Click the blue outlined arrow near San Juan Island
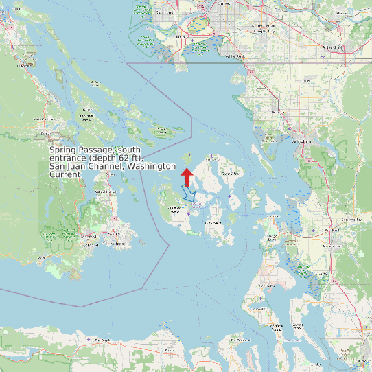(189, 194)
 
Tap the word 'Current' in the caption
(65, 174)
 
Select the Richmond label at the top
(165, 12)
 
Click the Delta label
(181, 36)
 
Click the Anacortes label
(273, 215)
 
